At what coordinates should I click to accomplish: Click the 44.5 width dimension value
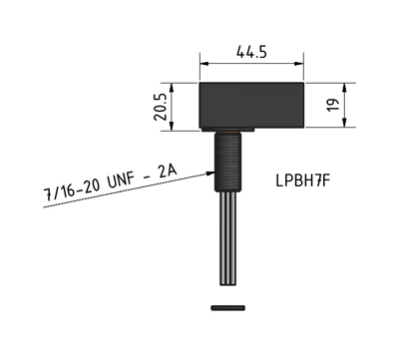(251, 52)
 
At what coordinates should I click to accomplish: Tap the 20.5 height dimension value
(160, 107)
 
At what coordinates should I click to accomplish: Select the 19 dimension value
(333, 105)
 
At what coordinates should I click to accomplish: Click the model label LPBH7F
(303, 180)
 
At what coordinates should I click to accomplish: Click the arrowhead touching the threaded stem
(210, 173)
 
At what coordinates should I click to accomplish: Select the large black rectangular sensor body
(251, 105)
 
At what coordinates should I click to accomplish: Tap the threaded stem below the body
(227, 162)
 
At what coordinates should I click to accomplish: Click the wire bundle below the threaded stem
(228, 238)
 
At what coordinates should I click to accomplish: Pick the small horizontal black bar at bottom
(228, 308)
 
